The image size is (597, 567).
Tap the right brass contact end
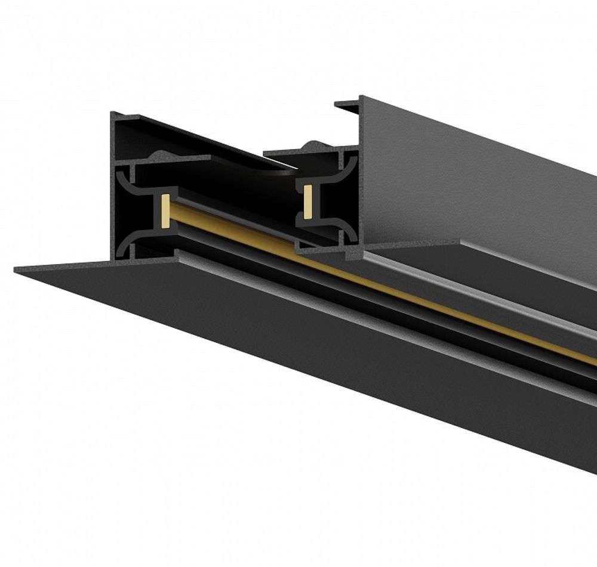(308, 200)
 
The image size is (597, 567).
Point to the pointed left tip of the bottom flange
(17, 270)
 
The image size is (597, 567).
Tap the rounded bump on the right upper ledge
(312, 145)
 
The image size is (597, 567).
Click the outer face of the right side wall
(478, 185)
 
